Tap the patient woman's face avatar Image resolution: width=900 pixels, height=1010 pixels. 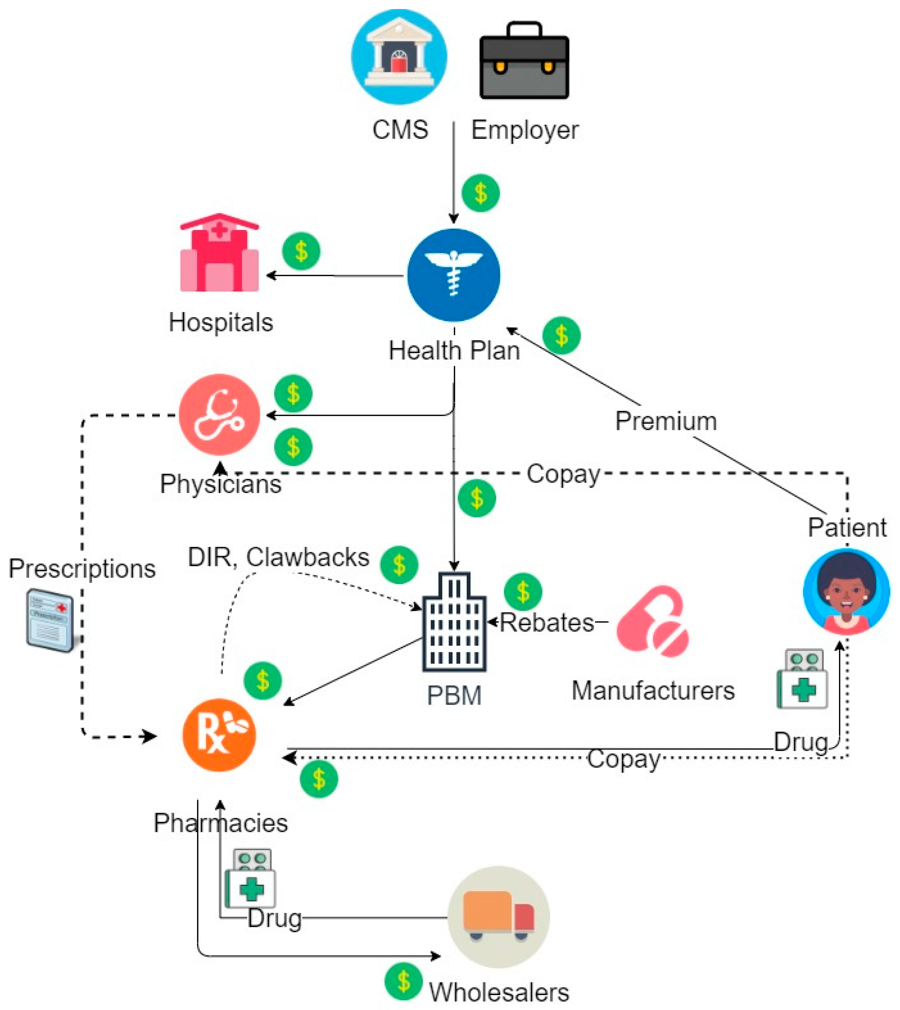click(x=847, y=592)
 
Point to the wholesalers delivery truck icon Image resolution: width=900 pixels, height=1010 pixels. click(x=499, y=917)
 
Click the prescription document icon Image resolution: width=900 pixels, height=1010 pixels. click(x=50, y=620)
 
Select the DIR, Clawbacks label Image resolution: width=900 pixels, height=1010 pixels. click(x=278, y=557)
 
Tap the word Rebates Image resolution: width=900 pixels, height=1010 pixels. click(x=547, y=623)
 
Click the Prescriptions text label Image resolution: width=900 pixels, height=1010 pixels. click(x=82, y=569)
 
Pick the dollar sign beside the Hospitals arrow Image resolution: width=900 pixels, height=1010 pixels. click(x=301, y=251)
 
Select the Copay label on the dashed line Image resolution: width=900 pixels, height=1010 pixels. click(x=563, y=474)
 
